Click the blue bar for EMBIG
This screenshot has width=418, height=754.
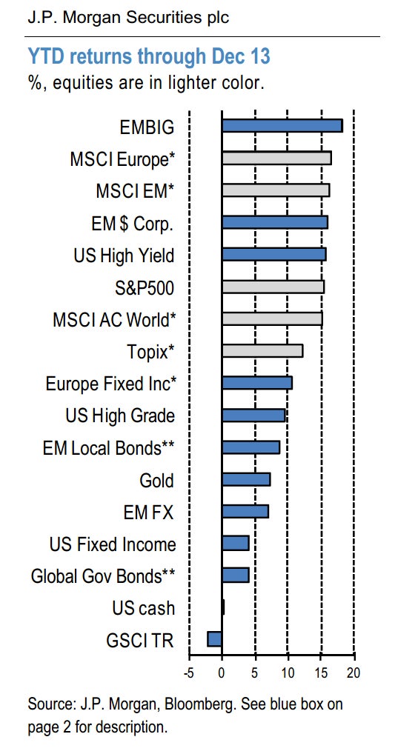[282, 126]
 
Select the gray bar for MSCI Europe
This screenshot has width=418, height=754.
[276, 159]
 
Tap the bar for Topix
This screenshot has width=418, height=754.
[262, 351]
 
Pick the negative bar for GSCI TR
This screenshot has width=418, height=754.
[214, 639]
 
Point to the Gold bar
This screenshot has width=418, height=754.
[246, 479]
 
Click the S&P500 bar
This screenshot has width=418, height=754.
[273, 287]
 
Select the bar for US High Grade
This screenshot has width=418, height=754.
[253, 415]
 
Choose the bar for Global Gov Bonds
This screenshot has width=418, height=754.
[235, 575]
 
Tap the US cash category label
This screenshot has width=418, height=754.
[143, 608]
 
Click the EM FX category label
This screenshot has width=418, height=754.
[148, 512]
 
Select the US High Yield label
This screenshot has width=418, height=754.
[124, 256]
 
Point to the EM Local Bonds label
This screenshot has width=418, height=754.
[108, 448]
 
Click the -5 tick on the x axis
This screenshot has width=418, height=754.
[188, 672]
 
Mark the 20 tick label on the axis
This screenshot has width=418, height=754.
[353, 672]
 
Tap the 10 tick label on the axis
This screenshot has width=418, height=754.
[288, 672]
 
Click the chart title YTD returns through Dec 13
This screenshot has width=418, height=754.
[149, 57]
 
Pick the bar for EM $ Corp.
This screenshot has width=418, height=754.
[275, 223]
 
